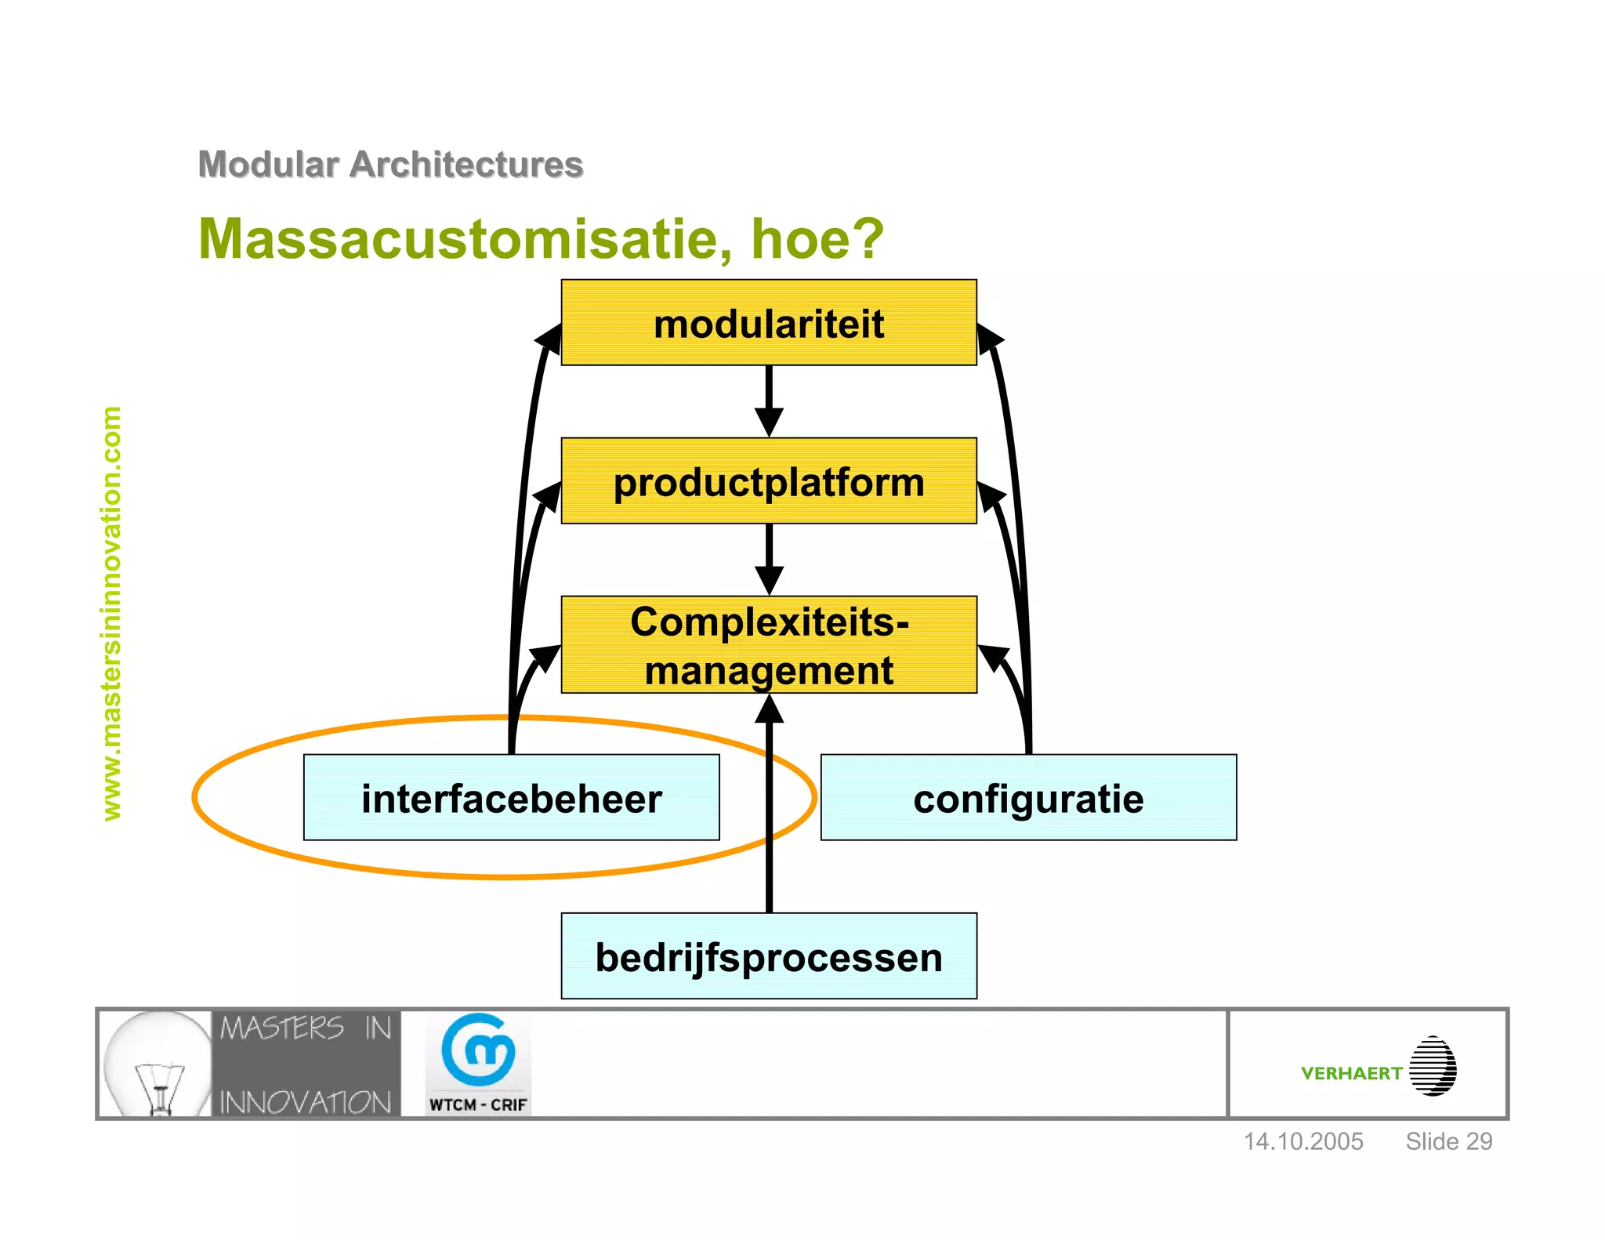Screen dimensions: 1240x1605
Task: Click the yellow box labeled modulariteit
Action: point(769,323)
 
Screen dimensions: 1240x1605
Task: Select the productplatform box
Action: point(769,481)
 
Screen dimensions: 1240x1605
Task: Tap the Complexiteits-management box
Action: point(769,645)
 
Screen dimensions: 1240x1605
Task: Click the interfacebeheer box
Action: point(511,798)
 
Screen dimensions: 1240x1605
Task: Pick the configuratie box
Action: point(1028,798)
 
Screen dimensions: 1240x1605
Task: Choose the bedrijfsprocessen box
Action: point(769,956)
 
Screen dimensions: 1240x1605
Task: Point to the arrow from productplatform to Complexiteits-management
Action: point(769,560)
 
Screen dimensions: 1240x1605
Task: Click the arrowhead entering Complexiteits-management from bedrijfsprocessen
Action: point(769,710)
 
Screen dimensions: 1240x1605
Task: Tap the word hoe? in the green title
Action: point(817,238)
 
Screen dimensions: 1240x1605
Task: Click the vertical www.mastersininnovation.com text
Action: point(112,613)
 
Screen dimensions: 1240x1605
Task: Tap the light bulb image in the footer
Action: point(157,1064)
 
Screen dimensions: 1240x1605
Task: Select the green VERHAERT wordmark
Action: point(1351,1073)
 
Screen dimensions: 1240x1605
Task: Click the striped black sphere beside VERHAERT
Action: point(1433,1066)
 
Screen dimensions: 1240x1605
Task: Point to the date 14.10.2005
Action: point(1303,1141)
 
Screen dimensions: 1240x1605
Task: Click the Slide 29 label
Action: point(1448,1141)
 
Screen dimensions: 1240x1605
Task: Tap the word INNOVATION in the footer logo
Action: point(306,1102)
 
